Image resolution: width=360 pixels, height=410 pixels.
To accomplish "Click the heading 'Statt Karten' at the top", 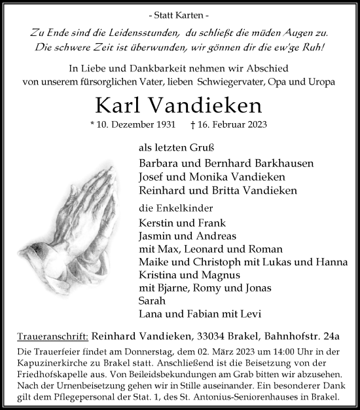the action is tap(179, 14).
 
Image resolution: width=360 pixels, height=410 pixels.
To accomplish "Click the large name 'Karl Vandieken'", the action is tap(179, 105).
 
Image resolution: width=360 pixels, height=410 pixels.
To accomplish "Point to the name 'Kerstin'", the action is tap(156, 223).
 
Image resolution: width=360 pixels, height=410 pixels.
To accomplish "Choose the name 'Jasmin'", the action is tap(156, 236).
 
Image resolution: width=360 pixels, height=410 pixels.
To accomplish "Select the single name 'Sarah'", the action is tap(151, 301).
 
